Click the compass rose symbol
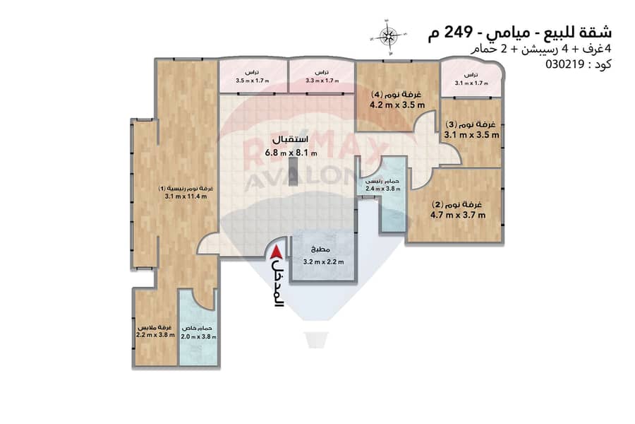(387, 37)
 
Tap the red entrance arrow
(277, 252)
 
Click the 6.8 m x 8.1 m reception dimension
(291, 153)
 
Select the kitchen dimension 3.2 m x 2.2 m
(323, 261)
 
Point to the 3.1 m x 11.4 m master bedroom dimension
(186, 196)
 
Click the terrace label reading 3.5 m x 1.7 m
(253, 81)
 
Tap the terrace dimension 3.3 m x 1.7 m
(322, 81)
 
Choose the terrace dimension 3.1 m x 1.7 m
(471, 83)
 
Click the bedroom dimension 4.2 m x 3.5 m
(397, 105)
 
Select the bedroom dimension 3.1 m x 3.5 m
(472, 135)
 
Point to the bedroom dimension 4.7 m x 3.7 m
(458, 215)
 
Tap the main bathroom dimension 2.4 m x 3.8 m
(383, 189)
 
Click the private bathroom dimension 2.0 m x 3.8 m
(198, 337)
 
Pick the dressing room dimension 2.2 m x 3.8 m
(155, 335)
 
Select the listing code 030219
(564, 64)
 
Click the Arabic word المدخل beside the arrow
(277, 283)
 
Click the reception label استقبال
(290, 139)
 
